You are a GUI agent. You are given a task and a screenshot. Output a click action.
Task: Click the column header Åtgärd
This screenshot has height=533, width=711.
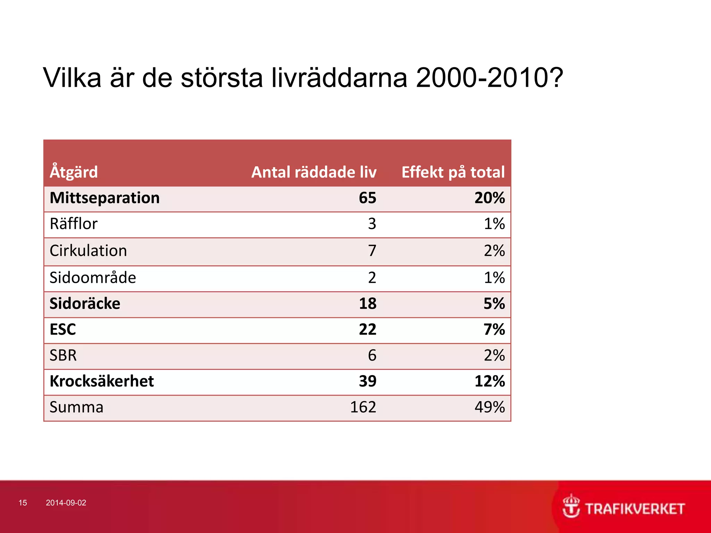(74, 172)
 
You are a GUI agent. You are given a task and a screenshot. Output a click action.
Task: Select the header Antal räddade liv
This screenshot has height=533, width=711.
(314, 172)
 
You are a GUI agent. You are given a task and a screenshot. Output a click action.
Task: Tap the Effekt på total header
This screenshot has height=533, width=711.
(453, 172)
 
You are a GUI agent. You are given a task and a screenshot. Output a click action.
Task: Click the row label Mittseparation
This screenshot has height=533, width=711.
(104, 198)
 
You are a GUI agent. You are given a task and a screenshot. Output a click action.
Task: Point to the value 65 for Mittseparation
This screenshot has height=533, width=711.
(367, 198)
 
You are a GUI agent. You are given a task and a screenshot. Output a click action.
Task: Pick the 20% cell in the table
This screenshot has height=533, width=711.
(490, 198)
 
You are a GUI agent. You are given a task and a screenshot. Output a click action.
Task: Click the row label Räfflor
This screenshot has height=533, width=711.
(74, 224)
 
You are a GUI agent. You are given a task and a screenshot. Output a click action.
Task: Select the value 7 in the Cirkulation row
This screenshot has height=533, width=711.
(372, 251)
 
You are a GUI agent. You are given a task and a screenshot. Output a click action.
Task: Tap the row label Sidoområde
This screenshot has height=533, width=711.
(93, 278)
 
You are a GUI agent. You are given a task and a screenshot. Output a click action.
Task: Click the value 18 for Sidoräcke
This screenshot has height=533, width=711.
(367, 304)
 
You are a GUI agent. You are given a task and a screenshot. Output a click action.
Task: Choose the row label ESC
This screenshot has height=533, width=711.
(62, 329)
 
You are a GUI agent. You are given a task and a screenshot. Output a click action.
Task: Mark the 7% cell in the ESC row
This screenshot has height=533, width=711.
(494, 329)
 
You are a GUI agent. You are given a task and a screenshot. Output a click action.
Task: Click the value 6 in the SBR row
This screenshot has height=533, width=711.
(372, 355)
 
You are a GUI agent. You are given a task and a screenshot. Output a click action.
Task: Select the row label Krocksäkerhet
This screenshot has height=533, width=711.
(102, 381)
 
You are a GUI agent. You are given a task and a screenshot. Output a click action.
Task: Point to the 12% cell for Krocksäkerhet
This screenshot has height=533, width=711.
(490, 381)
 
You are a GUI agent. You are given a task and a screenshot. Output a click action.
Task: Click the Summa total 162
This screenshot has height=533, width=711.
(363, 407)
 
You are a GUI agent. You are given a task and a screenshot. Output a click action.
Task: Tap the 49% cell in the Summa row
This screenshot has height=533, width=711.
(490, 407)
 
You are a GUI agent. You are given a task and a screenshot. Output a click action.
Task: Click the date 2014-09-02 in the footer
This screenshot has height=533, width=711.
(66, 503)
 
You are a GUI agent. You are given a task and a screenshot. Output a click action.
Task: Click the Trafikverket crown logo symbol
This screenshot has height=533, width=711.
(571, 506)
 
